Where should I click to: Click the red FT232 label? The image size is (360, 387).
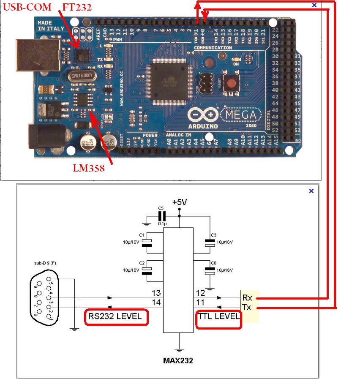click(x=77, y=7)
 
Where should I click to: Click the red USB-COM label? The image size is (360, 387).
click(x=27, y=7)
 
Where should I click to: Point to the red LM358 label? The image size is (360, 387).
click(x=88, y=168)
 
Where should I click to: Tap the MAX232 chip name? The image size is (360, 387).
click(x=178, y=361)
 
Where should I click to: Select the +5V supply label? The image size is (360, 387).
click(x=179, y=202)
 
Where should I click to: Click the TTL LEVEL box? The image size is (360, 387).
click(x=218, y=317)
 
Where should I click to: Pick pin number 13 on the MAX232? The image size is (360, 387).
click(x=156, y=293)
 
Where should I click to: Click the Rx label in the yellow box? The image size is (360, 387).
click(x=247, y=298)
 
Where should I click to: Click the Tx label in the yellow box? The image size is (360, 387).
click(x=247, y=307)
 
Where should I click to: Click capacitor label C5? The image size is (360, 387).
click(x=160, y=208)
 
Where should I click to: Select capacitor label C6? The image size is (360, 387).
click(x=213, y=263)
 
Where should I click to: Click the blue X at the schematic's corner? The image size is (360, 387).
click(x=311, y=191)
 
